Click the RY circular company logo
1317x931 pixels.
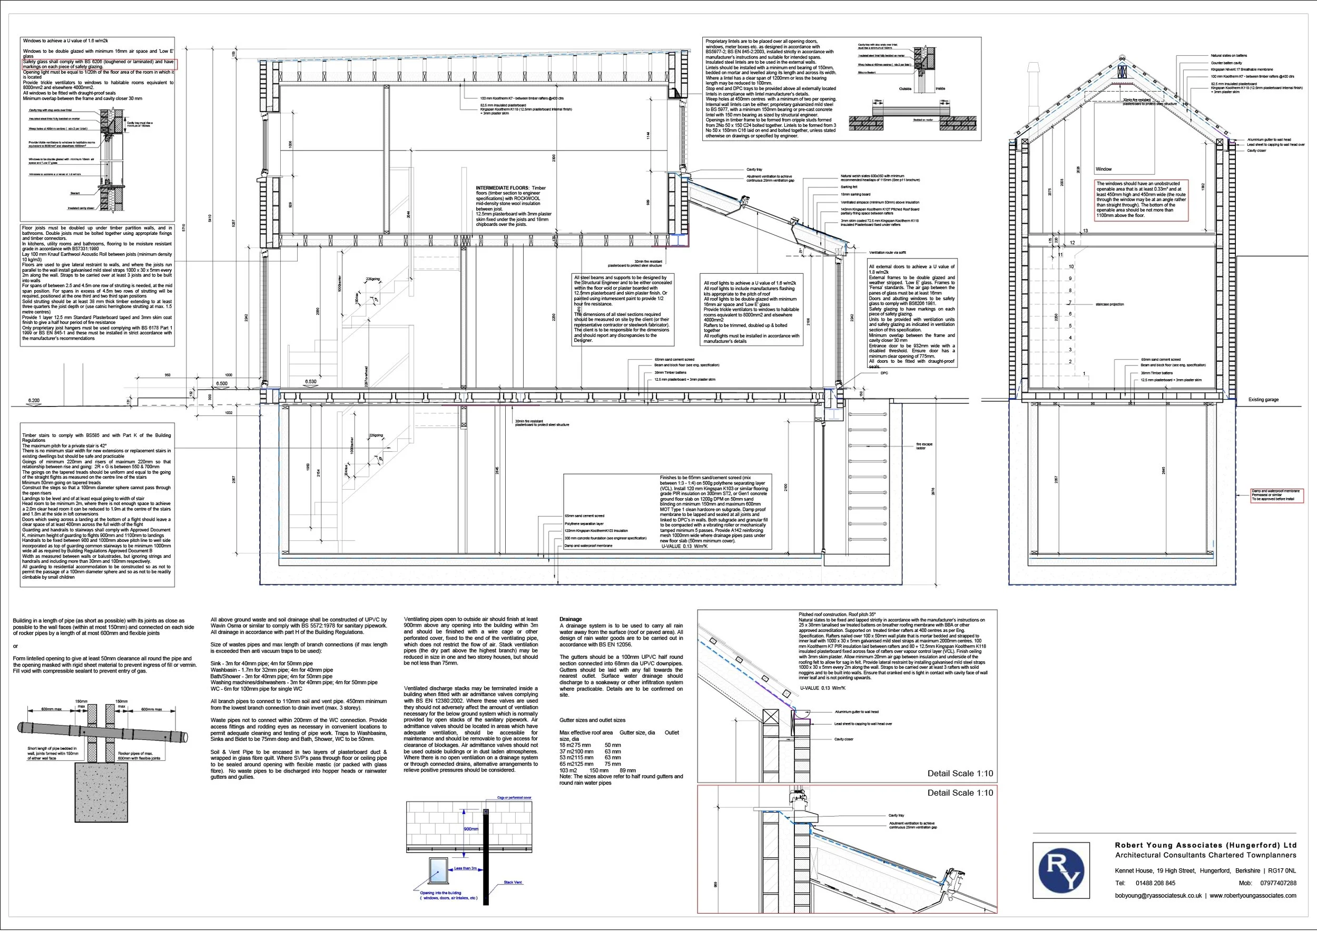(1060, 870)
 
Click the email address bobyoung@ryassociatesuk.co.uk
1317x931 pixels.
(1157, 896)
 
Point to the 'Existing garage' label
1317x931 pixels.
(1263, 400)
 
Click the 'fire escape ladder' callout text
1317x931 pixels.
(924, 446)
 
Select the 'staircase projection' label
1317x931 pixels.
(1109, 304)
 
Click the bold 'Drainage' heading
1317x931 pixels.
(571, 619)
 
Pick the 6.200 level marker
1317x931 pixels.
(34, 401)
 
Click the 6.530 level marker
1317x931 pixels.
(310, 381)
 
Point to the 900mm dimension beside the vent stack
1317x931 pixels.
(471, 829)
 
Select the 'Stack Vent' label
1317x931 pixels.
(513, 882)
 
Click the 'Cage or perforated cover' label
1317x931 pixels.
(514, 798)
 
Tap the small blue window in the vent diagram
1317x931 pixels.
(437, 870)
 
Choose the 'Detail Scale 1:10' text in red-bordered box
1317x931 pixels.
(960, 793)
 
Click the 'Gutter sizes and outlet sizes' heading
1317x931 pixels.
(592, 720)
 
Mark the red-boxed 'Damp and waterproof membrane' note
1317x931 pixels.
(1276, 496)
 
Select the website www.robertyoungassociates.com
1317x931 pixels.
(1253, 896)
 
